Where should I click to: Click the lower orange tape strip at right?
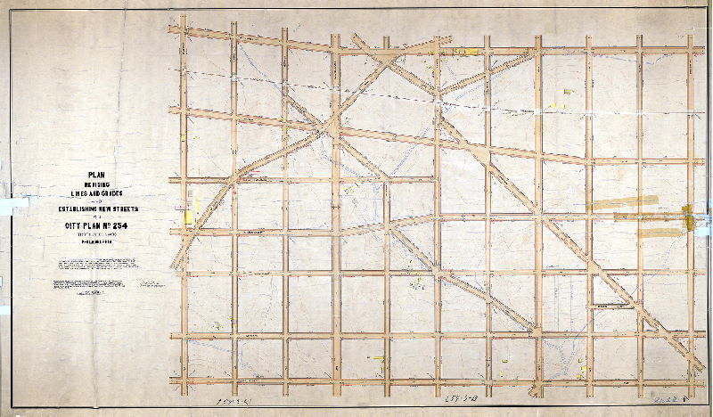(x=645, y=232)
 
